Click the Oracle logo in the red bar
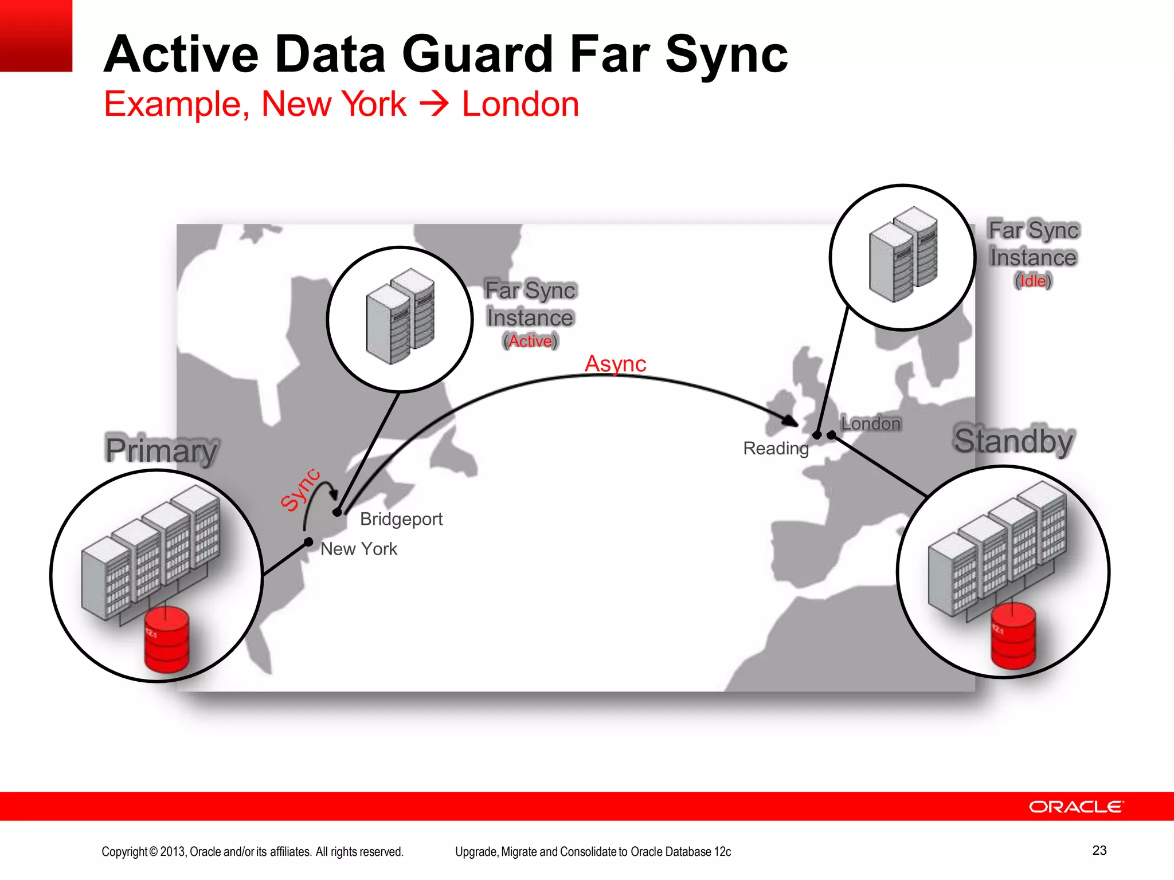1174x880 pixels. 1076,807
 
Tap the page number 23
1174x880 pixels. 1099,850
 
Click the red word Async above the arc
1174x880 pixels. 615,364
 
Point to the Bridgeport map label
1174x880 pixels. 401,519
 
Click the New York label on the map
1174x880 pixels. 359,549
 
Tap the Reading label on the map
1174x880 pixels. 776,448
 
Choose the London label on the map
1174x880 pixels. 871,423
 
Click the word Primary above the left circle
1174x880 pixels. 162,450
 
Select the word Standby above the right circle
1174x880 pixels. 1013,441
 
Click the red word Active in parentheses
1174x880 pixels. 530,341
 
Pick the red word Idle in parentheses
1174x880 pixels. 1033,281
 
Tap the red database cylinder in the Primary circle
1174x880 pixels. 167,639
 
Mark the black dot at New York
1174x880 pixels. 308,541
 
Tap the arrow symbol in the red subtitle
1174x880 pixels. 434,104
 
